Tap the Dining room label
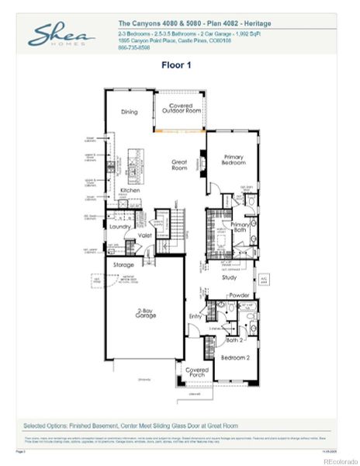129,112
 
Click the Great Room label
179,165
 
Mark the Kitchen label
130,190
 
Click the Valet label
144,234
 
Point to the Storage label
123,265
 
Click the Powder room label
239,295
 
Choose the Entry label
195,316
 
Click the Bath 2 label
234,340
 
